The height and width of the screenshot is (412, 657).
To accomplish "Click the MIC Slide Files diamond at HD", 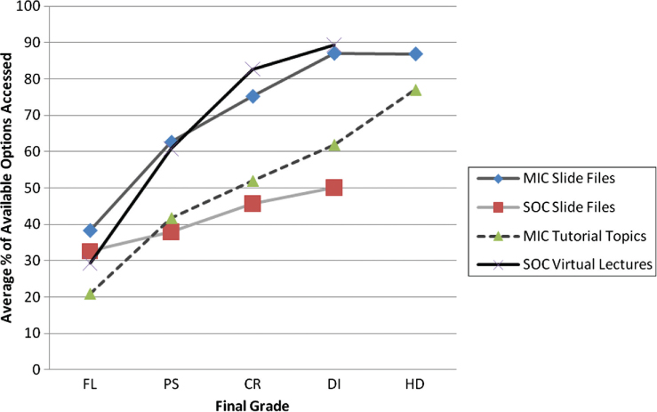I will [x=415, y=54].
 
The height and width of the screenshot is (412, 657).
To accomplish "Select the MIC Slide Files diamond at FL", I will [x=90, y=230].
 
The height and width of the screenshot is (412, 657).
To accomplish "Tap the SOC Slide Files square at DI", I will [x=333, y=187].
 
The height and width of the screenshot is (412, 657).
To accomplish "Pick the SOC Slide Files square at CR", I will [x=252, y=203].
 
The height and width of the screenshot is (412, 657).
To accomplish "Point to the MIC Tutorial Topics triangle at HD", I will [x=415, y=90].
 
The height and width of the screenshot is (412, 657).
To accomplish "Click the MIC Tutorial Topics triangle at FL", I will [x=90, y=293].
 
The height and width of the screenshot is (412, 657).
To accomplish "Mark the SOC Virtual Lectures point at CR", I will [x=252, y=69].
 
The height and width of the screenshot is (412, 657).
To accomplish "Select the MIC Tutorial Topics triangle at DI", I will [x=333, y=144].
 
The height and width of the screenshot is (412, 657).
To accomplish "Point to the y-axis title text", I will [x=11, y=185].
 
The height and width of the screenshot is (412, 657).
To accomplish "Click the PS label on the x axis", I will [x=171, y=385].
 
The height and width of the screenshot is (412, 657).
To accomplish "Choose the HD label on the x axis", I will [x=415, y=385].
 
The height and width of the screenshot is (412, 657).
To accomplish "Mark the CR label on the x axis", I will [x=252, y=385].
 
